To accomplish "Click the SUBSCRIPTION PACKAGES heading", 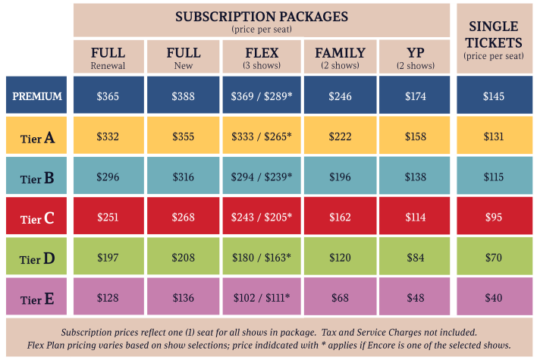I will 262,16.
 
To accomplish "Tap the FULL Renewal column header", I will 108,57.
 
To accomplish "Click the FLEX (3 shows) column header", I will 262,57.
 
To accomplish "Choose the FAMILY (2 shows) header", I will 340,57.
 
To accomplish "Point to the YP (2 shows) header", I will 415,57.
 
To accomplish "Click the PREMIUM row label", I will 37,96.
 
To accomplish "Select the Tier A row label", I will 37,137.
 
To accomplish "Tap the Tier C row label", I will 37,218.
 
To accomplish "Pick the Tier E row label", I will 37,299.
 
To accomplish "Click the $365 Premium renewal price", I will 108,96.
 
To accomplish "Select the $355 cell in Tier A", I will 184,136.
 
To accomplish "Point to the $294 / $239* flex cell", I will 262,177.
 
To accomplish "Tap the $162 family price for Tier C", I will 340,218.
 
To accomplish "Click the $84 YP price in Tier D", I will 415,258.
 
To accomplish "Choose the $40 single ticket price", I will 493,298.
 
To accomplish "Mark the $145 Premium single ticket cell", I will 493,96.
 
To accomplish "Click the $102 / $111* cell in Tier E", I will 262,298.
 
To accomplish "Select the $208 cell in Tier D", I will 184,258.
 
